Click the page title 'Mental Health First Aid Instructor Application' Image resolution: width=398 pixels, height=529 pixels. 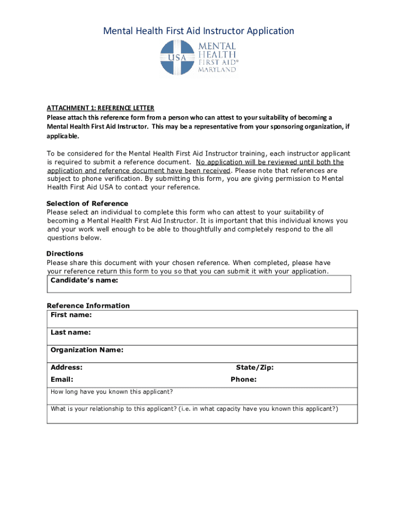pyautogui.click(x=198, y=31)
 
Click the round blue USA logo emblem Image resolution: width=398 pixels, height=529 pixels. pyautogui.click(x=177, y=58)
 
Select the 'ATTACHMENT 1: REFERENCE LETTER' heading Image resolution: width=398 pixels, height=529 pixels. pyautogui.click(x=100, y=108)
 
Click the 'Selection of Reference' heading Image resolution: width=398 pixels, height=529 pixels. pyautogui.click(x=87, y=203)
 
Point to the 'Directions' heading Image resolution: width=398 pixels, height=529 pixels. pyautogui.click(x=65, y=254)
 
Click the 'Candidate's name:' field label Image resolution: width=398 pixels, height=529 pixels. pyautogui.click(x=84, y=281)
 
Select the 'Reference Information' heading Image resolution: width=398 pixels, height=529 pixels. pyautogui.click(x=88, y=305)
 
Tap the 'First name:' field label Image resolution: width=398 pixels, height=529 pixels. pyautogui.click(x=71, y=315)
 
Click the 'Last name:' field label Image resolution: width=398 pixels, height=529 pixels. pyautogui.click(x=70, y=332)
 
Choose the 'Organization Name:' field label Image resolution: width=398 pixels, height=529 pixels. pyautogui.click(x=87, y=350)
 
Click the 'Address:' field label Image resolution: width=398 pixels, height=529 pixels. pyautogui.click(x=66, y=367)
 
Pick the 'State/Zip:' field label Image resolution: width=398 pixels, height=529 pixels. pyautogui.click(x=255, y=367)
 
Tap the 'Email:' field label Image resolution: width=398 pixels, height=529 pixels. pyautogui.click(x=62, y=379)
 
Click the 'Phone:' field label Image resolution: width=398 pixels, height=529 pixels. pyautogui.click(x=243, y=379)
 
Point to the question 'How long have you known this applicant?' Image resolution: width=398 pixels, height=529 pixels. pyautogui.click(x=112, y=392)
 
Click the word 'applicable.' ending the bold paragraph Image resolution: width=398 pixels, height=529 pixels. pyautogui.click(x=63, y=136)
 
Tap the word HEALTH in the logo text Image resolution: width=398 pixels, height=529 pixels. pyautogui.click(x=218, y=54)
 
